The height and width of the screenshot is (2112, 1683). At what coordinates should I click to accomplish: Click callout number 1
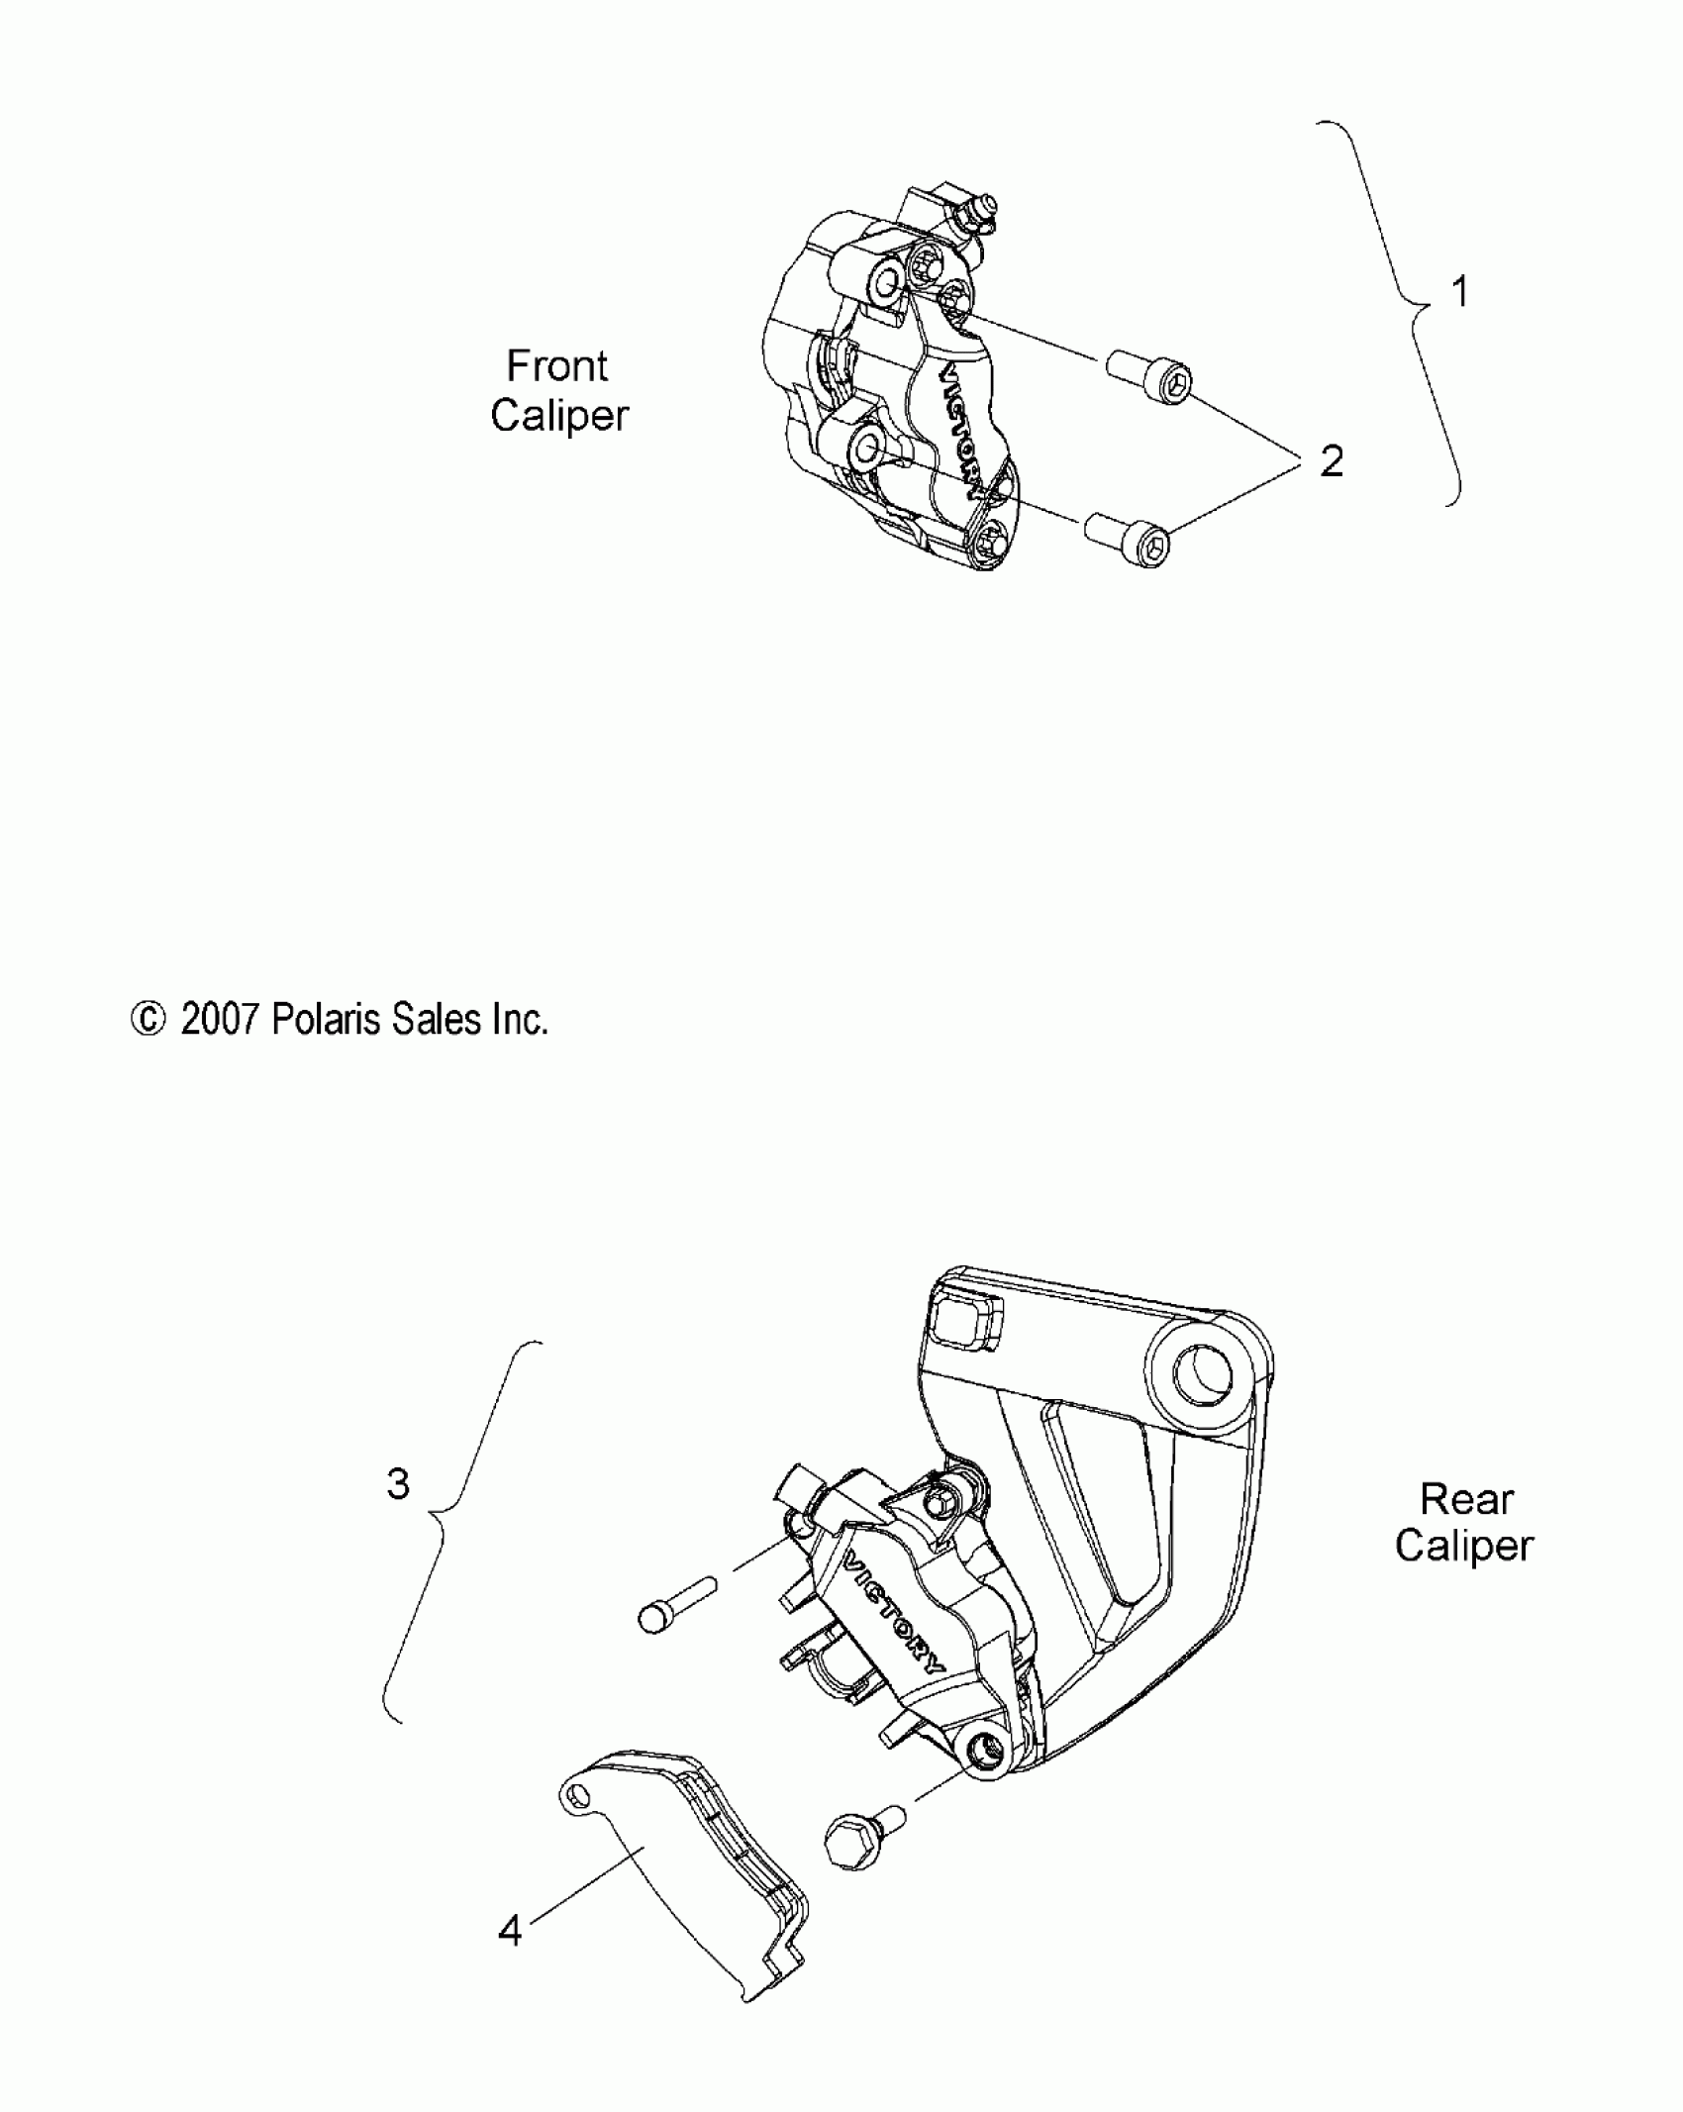point(1458,293)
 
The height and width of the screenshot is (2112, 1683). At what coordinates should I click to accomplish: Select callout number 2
point(1332,461)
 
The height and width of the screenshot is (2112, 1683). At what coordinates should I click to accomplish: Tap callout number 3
point(397,1512)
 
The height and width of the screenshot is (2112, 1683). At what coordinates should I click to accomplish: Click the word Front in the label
point(556,366)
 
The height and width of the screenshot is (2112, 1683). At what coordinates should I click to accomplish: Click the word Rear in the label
point(1466,1499)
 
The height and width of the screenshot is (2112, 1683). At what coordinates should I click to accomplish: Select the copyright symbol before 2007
point(148,1020)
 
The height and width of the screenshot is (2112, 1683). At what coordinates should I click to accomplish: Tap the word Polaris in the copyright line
point(326,1020)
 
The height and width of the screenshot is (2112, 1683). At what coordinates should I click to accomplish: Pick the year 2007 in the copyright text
point(219,1020)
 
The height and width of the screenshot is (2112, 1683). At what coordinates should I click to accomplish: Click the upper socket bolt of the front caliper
point(1148,377)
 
